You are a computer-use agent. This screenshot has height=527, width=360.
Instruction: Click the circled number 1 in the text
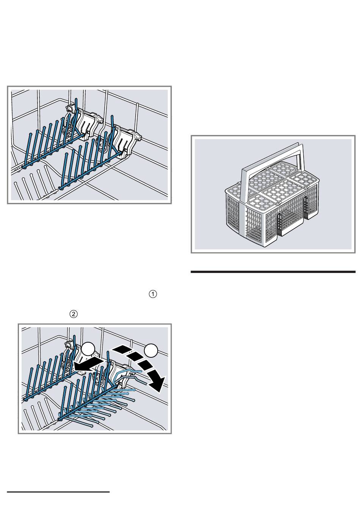[153, 294]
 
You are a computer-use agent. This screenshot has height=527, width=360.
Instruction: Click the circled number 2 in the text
[74, 314]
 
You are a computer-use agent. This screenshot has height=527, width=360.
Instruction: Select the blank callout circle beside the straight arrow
[88, 349]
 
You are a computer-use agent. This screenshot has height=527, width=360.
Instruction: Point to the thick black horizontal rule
[273, 272]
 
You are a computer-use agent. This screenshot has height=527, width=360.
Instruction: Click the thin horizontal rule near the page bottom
[58, 491]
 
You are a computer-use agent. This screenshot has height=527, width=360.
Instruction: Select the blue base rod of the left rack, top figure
[53, 151]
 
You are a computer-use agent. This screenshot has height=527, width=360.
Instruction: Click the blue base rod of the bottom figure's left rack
[51, 384]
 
